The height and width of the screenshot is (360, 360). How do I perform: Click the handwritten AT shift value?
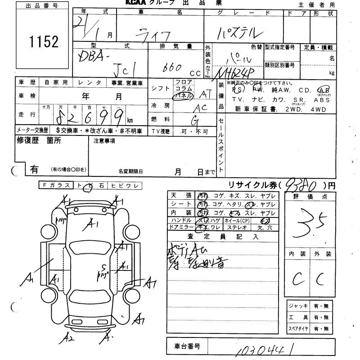coord(205,94)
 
